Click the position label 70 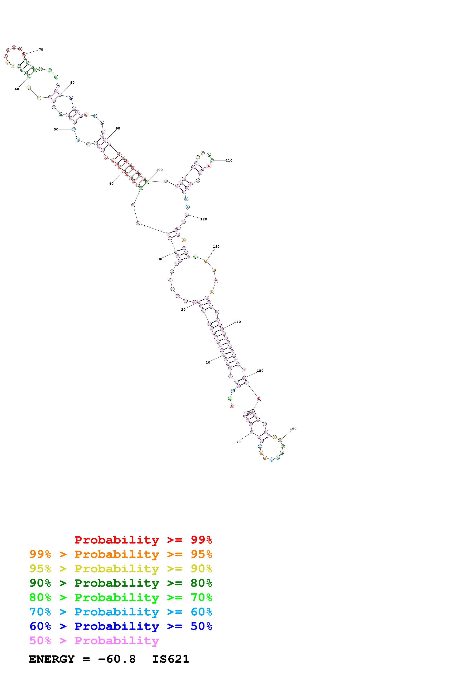(x=41, y=49)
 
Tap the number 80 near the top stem (x=72, y=83)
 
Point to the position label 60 (x=17, y=89)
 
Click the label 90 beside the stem (x=118, y=128)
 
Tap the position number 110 (x=229, y=160)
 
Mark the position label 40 (x=111, y=184)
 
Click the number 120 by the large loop (x=204, y=219)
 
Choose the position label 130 (x=216, y=247)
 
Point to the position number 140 (x=238, y=322)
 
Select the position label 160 (x=293, y=429)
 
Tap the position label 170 (x=237, y=442)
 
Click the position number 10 (x=208, y=363)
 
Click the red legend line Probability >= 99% (x=143, y=540)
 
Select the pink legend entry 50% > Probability (x=94, y=641)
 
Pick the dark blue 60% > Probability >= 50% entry (x=121, y=626)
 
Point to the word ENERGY (x=52, y=659)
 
